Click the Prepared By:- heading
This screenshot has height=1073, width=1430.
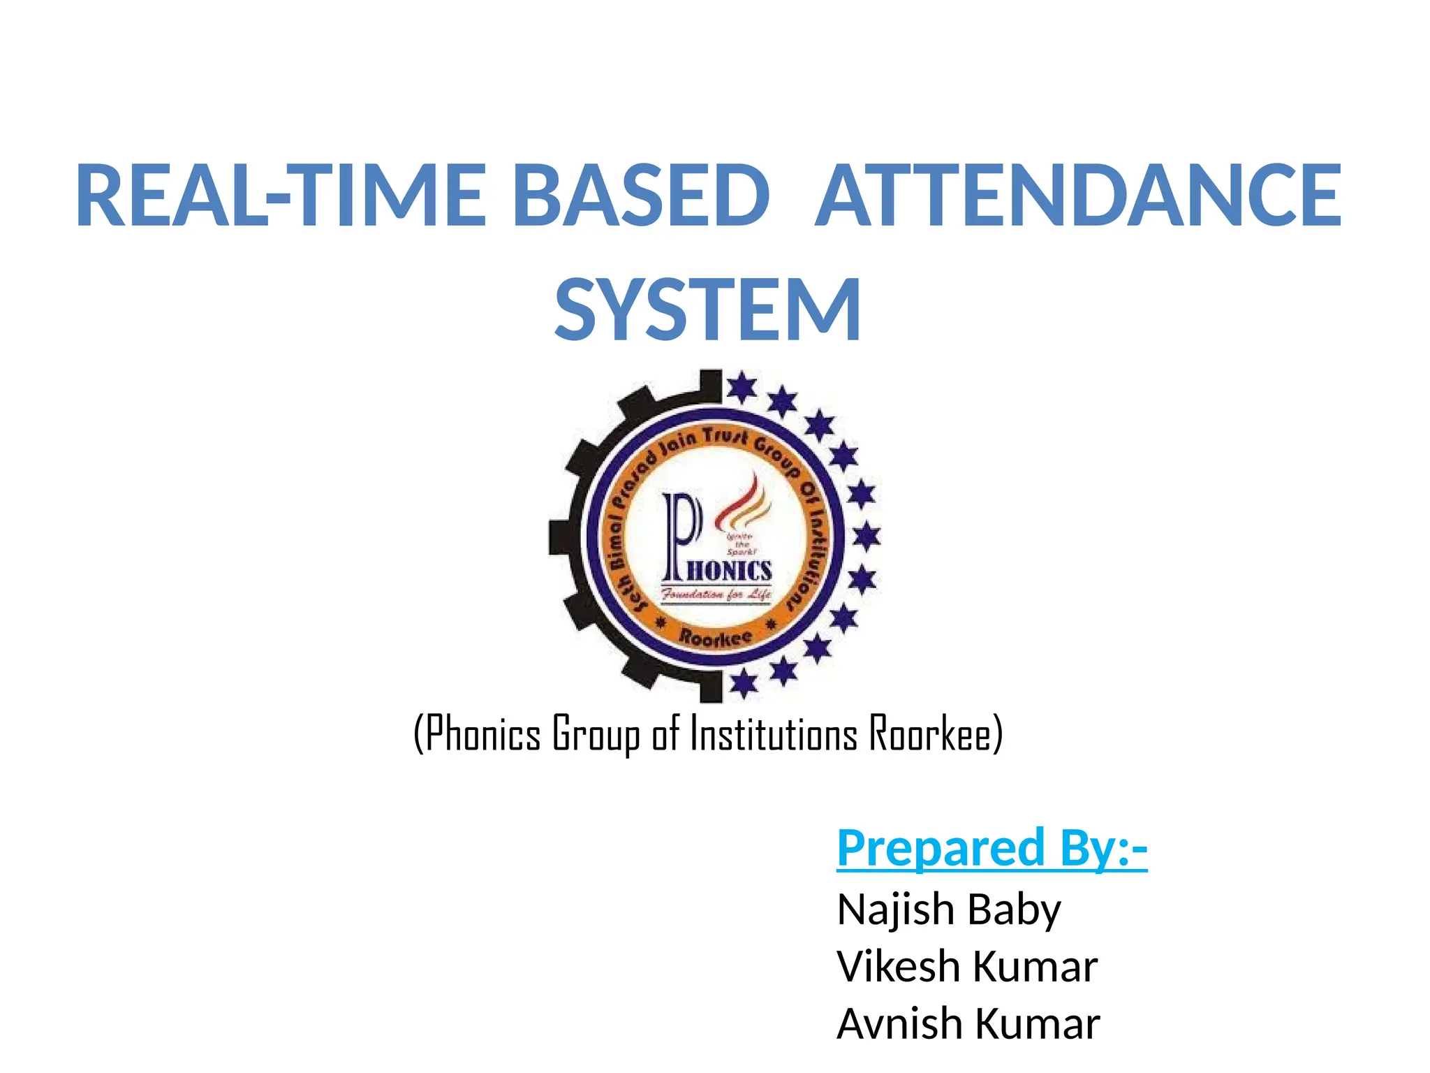(x=992, y=848)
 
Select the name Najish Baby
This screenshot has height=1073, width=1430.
(x=949, y=910)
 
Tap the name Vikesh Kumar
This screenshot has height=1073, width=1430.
(x=967, y=967)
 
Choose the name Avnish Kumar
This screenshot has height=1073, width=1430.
(x=968, y=1024)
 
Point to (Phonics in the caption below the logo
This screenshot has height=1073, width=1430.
(x=478, y=733)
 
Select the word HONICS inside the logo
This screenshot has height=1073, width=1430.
(x=730, y=571)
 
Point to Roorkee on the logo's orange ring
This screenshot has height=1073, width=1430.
(x=716, y=638)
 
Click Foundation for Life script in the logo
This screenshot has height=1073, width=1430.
(x=716, y=594)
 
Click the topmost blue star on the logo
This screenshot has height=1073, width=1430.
(x=741, y=387)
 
